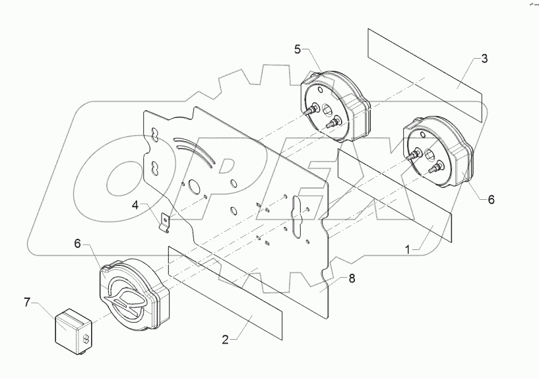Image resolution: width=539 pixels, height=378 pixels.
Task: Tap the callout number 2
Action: coord(226,340)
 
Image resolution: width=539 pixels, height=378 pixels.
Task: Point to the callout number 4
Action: coord(135,205)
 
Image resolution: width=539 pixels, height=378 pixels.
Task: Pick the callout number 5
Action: coord(298,49)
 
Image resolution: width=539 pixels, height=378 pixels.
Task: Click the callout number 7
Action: coord(26,303)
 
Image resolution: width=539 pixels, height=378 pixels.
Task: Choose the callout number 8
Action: coord(352,279)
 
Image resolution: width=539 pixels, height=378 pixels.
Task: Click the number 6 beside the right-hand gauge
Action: coord(491,199)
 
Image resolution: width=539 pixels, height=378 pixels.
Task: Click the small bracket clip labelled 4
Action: coord(166,221)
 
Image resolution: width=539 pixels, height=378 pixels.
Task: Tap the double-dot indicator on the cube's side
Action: coord(86,338)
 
